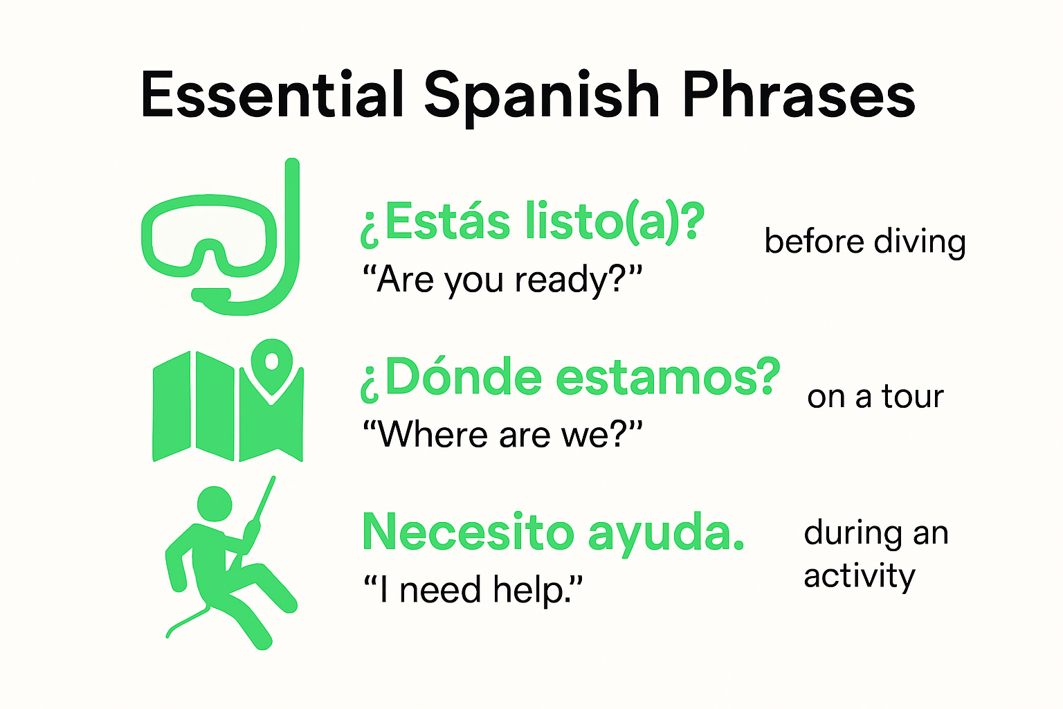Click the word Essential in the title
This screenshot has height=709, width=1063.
click(x=271, y=96)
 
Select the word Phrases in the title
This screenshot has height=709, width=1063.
click(x=799, y=96)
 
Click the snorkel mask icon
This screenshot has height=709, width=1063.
click(x=208, y=235)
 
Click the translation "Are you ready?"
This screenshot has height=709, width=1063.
click(x=502, y=280)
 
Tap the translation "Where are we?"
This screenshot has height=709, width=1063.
click(x=502, y=436)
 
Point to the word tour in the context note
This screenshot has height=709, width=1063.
click(x=912, y=397)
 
